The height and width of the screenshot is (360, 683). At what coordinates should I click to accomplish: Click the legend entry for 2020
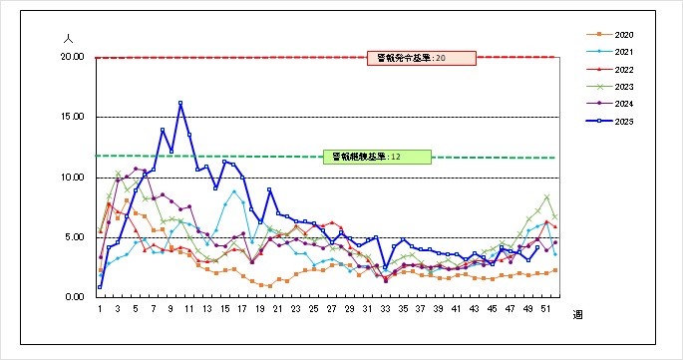coord(619,35)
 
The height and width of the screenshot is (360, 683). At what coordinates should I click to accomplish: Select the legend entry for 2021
coord(619,52)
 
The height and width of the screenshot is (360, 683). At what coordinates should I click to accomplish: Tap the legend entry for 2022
coord(619,70)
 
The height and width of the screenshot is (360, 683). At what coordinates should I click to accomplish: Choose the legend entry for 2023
coord(619,87)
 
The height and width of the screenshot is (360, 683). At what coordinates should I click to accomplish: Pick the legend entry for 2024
coord(619,104)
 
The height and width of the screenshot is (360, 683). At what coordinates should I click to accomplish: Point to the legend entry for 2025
coord(619,122)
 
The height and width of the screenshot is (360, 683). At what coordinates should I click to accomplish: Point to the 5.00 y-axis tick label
coord(73,237)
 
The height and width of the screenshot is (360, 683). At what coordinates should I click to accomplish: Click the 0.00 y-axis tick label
coord(73,297)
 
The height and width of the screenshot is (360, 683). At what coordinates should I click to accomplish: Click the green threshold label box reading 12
coord(376,157)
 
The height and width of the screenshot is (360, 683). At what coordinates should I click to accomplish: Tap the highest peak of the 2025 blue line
coord(180,103)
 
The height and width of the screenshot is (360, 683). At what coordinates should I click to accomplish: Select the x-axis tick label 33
coord(386,310)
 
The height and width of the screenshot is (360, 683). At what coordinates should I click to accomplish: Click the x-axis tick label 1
coord(101,310)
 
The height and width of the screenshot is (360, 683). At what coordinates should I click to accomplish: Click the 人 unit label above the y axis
coord(68,37)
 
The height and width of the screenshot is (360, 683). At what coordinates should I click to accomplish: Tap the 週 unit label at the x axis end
coord(577,315)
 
